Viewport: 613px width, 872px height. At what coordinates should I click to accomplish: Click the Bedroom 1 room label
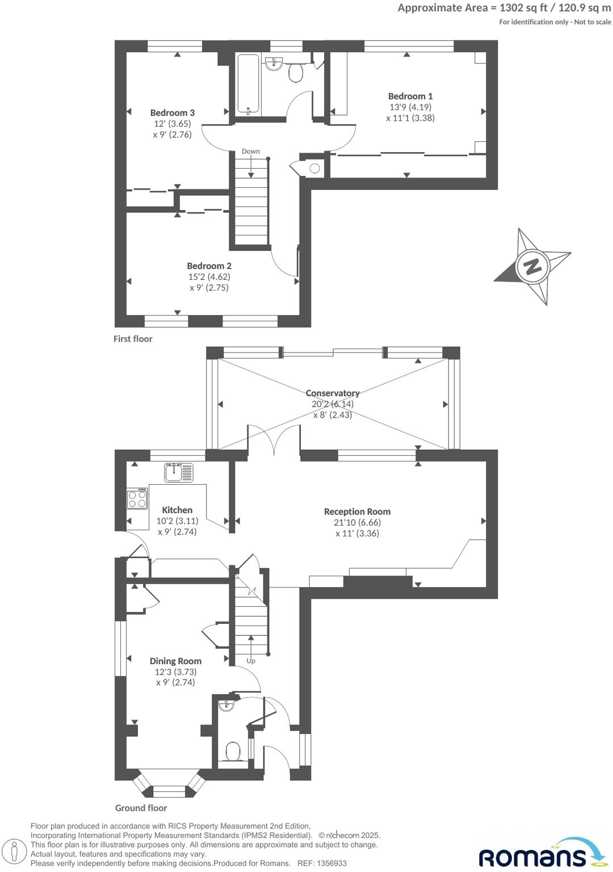[410, 96]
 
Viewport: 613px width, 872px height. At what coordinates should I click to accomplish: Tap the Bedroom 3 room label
[172, 112]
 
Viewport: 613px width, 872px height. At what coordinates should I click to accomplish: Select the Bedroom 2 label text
[209, 266]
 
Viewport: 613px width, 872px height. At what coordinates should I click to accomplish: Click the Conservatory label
[333, 393]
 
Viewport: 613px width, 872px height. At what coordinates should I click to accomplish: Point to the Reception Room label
[357, 512]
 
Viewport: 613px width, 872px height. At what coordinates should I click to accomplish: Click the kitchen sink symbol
[178, 472]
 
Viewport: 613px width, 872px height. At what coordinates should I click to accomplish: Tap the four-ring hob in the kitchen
[137, 499]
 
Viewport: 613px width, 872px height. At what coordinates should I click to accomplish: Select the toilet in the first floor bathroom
[296, 72]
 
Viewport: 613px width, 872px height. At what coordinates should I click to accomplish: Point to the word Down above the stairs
[250, 151]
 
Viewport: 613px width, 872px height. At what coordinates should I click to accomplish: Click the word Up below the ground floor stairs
[250, 661]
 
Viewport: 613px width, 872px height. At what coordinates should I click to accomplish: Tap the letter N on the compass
[532, 266]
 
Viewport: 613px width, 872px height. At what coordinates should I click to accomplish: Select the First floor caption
[133, 339]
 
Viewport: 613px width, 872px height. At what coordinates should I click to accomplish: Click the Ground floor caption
[141, 808]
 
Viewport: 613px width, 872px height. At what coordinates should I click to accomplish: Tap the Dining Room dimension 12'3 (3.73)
[175, 672]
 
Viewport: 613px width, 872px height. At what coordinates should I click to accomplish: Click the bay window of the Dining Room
[168, 786]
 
